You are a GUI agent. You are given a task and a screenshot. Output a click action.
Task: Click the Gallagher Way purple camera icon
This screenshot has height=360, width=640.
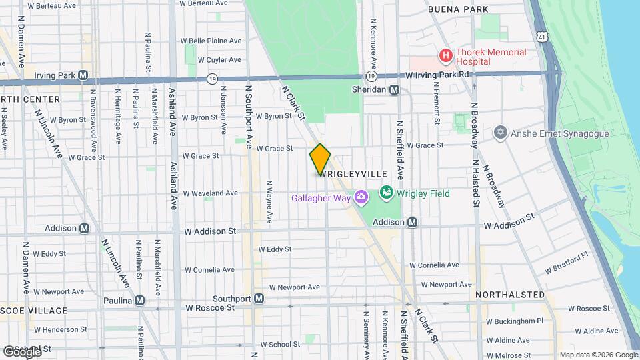coord(361,197)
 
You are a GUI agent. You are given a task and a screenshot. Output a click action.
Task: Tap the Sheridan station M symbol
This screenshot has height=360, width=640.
coord(395,89)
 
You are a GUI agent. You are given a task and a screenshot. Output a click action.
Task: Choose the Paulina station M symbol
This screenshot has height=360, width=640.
coord(139,301)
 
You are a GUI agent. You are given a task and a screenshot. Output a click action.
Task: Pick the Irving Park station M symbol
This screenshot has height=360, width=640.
coord(83,75)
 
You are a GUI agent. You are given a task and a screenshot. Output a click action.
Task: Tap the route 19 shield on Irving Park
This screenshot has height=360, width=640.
coord(212,79)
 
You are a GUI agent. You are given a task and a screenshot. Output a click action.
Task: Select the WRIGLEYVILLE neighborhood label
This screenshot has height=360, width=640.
coord(353,173)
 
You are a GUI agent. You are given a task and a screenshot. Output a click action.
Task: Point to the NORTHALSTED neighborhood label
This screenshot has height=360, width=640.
coord(510,294)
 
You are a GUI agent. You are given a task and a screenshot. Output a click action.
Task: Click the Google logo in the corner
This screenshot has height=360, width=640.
coord(21,351)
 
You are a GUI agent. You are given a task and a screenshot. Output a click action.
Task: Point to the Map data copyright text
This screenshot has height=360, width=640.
coord(598,355)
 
